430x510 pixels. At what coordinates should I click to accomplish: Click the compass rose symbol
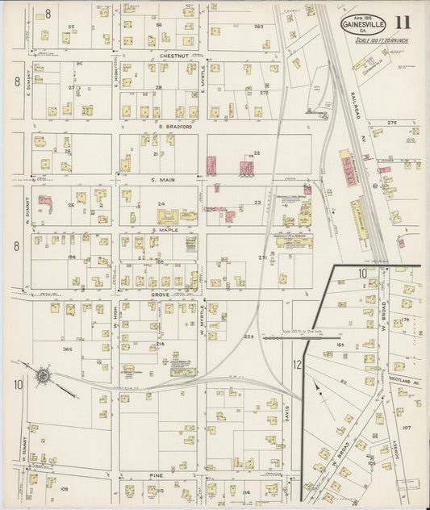43,376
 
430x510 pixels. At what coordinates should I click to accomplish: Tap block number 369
67,348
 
